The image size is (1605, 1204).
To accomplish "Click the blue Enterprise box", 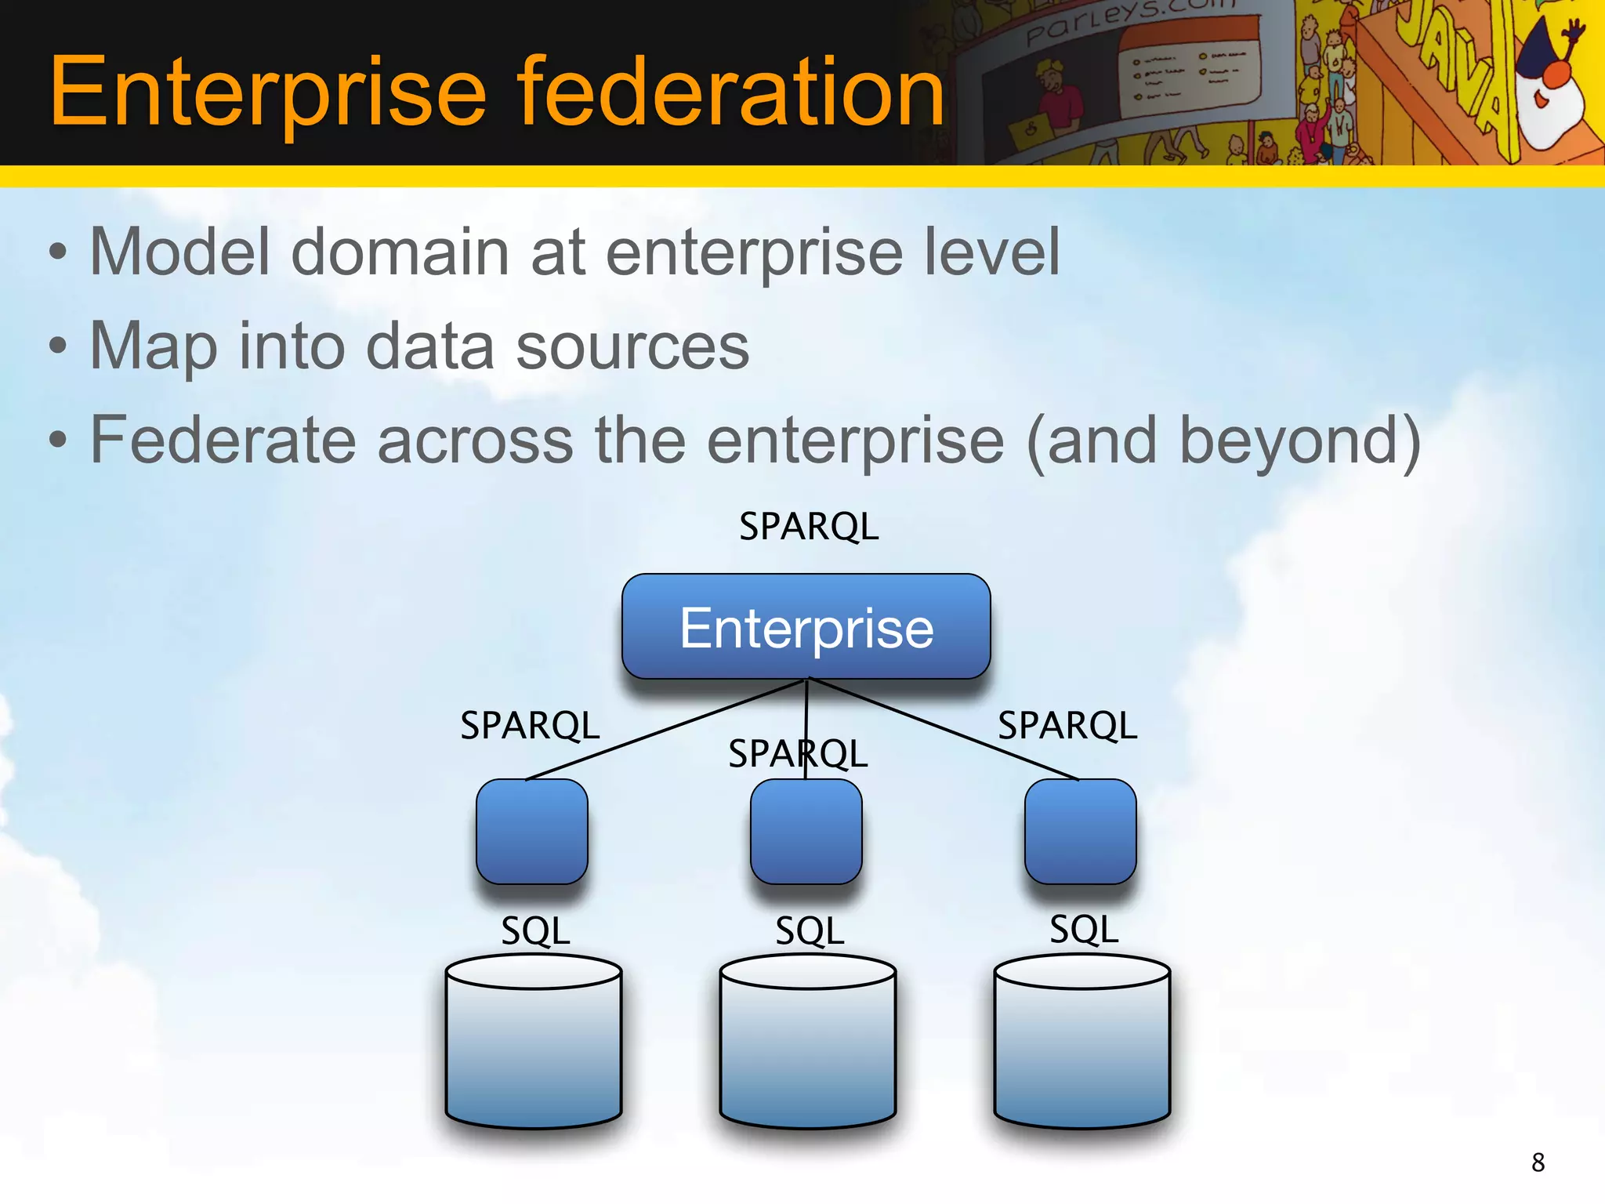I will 806,627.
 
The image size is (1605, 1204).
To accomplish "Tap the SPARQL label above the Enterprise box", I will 809,526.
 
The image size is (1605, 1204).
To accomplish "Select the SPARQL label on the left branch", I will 530,725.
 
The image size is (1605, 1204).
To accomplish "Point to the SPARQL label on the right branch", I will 1067,725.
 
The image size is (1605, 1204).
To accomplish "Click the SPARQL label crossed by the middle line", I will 798,754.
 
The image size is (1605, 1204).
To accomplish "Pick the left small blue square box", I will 532,831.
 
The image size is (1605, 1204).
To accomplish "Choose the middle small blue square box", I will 806,831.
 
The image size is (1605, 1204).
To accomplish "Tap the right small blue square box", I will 1080,831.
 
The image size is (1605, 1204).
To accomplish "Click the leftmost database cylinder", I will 534,1043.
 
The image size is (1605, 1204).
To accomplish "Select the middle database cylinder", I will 807,1043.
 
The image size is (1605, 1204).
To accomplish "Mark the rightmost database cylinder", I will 1081,1043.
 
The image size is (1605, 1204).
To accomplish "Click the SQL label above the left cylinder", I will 535,931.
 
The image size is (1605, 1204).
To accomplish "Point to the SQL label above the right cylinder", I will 1084,930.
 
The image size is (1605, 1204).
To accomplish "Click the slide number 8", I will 1538,1162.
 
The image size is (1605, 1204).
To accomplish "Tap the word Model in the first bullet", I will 180,252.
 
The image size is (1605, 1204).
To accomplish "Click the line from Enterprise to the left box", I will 666,730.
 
